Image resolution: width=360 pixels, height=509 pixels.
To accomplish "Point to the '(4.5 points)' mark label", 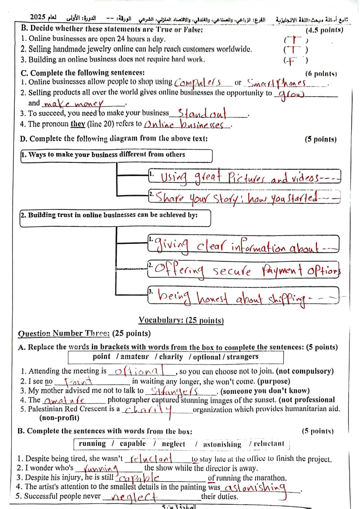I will click(324, 30).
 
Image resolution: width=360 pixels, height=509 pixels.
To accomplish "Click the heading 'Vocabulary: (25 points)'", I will click(181, 321).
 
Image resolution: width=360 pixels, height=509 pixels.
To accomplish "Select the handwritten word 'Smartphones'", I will click(276, 83).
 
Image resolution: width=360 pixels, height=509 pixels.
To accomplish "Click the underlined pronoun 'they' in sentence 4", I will click(77, 124).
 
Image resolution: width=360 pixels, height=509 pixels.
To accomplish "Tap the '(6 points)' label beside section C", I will click(321, 74).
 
